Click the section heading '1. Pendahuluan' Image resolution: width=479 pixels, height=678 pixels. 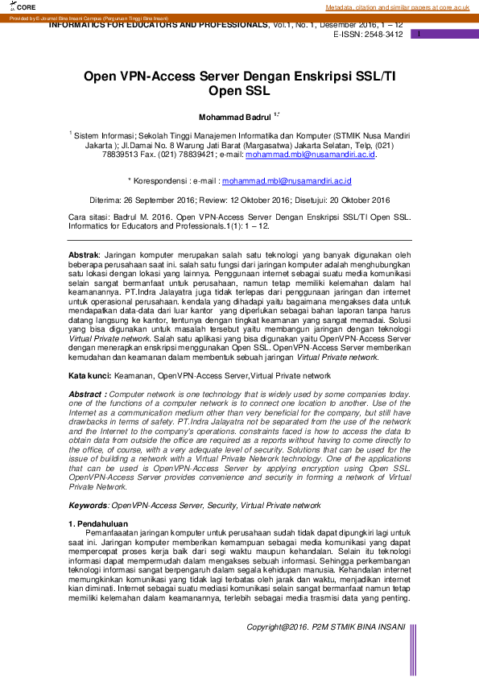[101, 523]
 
